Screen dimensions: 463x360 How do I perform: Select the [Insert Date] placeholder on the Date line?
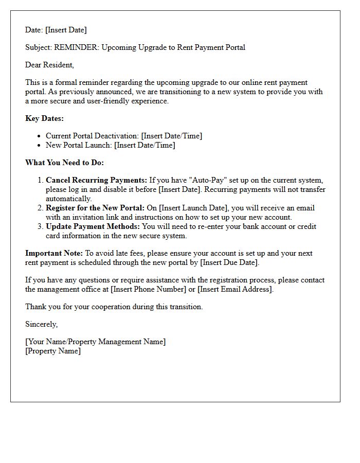click(x=66, y=30)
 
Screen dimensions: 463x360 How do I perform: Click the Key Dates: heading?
click(x=45, y=118)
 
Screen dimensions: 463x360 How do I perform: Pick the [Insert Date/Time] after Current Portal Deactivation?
click(x=172, y=136)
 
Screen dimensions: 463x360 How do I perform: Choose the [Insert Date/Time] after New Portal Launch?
click(x=145, y=145)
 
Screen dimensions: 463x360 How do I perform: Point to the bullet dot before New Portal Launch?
click(x=40, y=146)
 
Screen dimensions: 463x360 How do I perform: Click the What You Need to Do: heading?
click(x=64, y=163)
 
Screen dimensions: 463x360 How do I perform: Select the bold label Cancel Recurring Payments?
click(x=96, y=180)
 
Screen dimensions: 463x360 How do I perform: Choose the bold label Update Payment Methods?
click(x=93, y=226)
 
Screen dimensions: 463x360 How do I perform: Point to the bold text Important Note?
click(x=54, y=253)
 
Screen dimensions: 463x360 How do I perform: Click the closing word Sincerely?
click(x=41, y=324)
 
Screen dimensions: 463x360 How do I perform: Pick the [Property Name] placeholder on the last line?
click(x=53, y=351)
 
